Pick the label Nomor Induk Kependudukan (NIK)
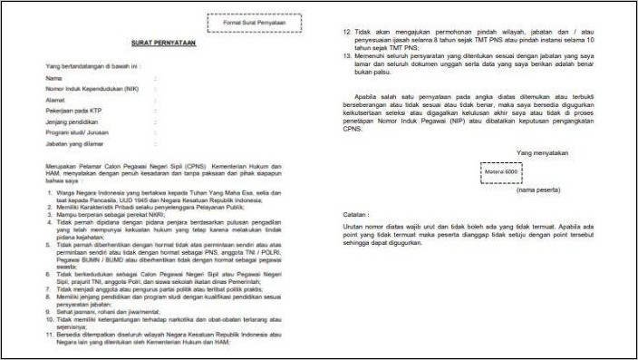(x=89, y=92)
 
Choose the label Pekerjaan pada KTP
(x=73, y=117)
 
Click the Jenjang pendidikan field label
(x=72, y=130)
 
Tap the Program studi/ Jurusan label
(x=76, y=142)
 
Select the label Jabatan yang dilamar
(x=74, y=155)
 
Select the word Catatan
(x=354, y=213)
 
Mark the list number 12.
(x=347, y=31)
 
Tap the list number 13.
(x=347, y=56)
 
